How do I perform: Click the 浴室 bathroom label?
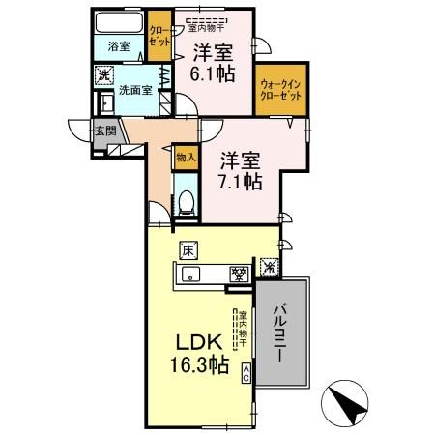[118, 45]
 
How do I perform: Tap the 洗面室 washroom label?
[134, 91]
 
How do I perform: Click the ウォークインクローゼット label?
[281, 97]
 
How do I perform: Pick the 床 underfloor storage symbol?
[187, 249]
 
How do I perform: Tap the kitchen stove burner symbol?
[235, 274]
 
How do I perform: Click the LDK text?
[200, 343]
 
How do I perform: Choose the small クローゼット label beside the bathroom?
[158, 35]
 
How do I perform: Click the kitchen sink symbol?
[190, 275]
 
